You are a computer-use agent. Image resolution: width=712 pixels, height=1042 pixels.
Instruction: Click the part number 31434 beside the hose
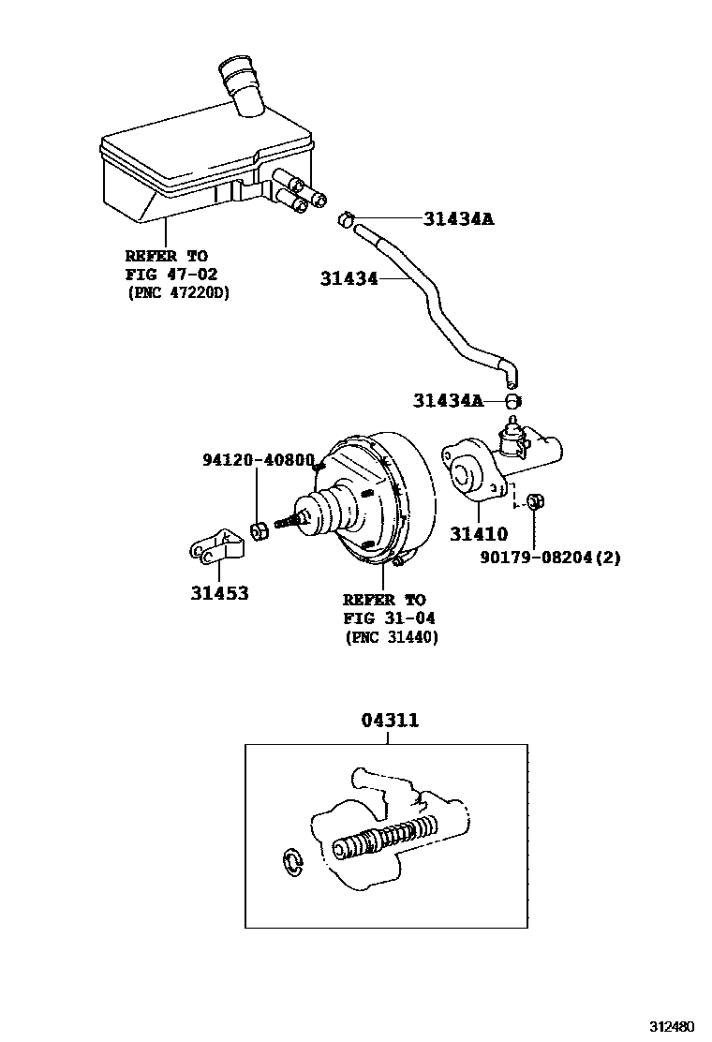349,278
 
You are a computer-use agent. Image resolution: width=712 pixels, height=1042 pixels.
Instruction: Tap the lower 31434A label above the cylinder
448,401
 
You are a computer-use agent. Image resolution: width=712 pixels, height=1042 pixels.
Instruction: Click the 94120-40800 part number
259,460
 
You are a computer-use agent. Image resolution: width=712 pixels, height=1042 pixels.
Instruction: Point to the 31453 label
219,593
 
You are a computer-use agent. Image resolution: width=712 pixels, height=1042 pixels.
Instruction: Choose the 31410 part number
478,535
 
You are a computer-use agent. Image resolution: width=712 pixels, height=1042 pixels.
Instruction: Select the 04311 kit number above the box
389,721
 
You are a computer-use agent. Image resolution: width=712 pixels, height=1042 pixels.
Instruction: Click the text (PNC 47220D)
178,291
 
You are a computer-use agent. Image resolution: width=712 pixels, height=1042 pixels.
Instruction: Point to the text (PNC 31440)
392,637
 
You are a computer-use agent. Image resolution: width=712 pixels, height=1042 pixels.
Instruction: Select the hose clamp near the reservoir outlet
346,220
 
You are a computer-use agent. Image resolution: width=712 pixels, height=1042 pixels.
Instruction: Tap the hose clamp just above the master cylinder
512,401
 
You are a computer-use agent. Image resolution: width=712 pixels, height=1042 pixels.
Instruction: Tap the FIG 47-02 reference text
171,274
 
